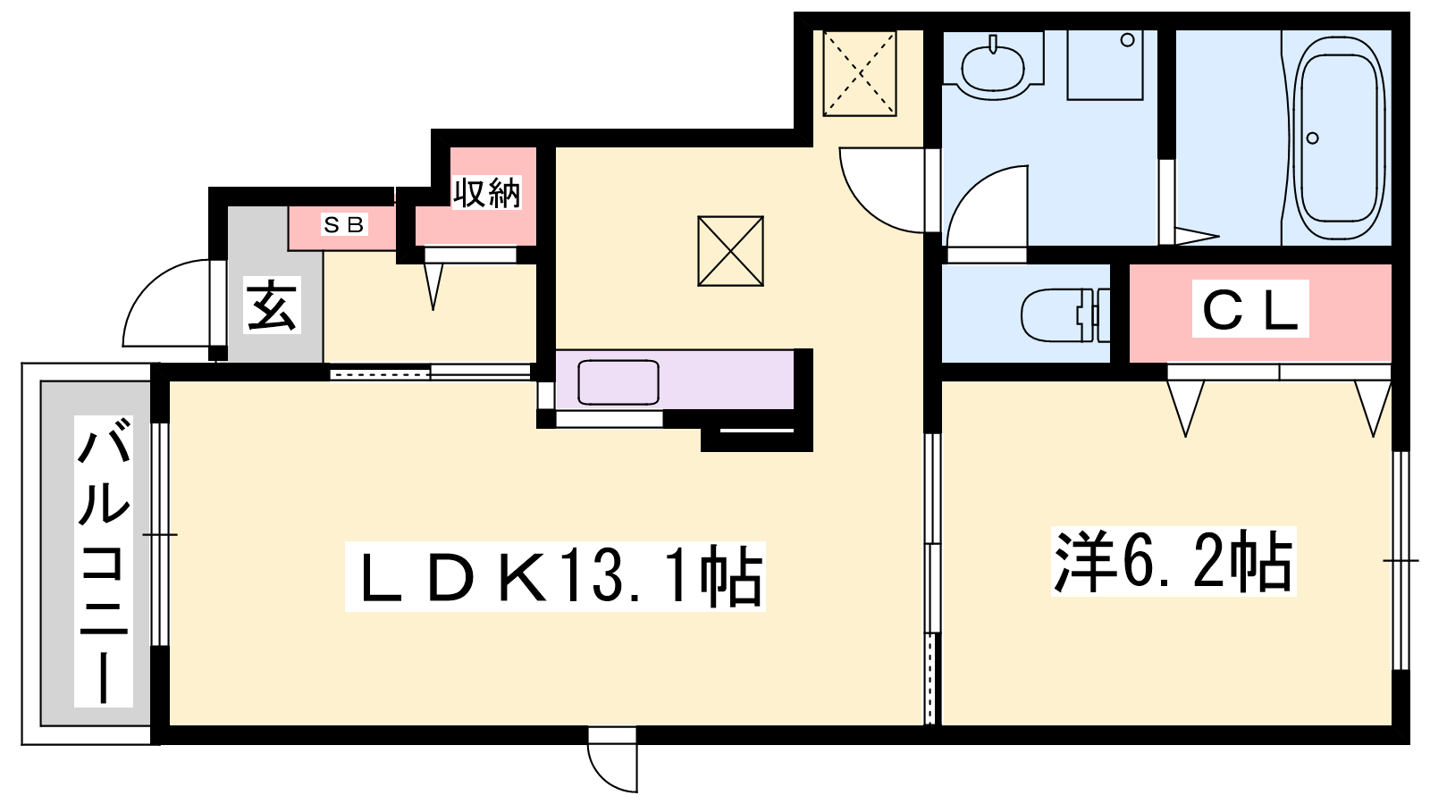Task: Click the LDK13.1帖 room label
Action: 555,576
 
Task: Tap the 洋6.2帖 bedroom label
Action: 1173,562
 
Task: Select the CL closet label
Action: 1250,308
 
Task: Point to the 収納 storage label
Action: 486,192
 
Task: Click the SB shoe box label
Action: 344,224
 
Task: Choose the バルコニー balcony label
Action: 103,561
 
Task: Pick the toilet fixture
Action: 1064,315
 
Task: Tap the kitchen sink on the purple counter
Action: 618,381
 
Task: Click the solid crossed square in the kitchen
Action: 730,251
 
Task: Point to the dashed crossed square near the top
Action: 859,73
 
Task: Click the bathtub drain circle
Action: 1312,138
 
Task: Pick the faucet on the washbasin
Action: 992,44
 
